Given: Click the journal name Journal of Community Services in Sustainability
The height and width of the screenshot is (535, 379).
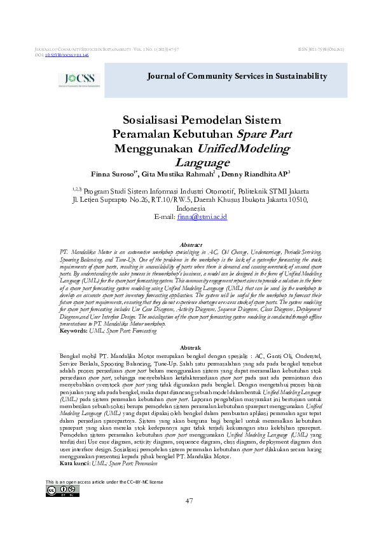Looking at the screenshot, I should click(240, 76).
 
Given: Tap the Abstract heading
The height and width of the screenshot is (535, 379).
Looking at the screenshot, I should click(191, 244).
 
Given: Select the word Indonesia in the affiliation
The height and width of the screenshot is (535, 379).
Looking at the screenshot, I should click(190, 208).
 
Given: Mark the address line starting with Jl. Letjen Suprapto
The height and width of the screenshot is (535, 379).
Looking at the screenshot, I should click(190, 198).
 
